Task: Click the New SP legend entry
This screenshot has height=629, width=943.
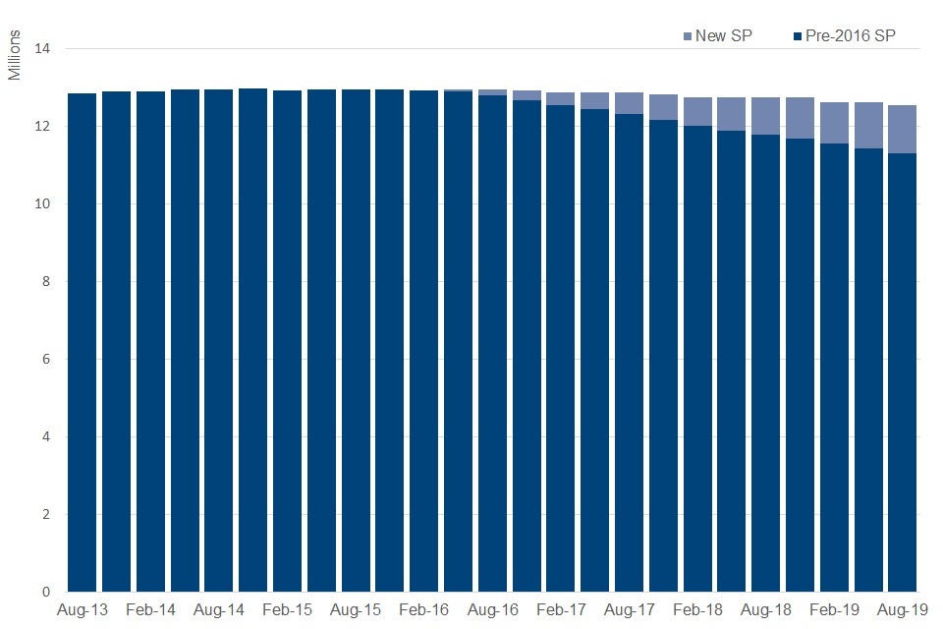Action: point(717,36)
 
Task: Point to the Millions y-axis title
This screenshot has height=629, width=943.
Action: point(16,58)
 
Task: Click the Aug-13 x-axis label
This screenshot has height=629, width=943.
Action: point(83,610)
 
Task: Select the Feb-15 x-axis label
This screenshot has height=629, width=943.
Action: point(288,610)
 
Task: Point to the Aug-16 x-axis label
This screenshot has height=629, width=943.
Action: point(493,610)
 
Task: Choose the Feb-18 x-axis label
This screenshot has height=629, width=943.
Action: point(697,610)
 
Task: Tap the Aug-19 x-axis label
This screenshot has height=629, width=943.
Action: point(902,610)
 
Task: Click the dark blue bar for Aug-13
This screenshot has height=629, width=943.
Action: point(83,343)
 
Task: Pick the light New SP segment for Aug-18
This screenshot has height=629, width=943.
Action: point(765,116)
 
